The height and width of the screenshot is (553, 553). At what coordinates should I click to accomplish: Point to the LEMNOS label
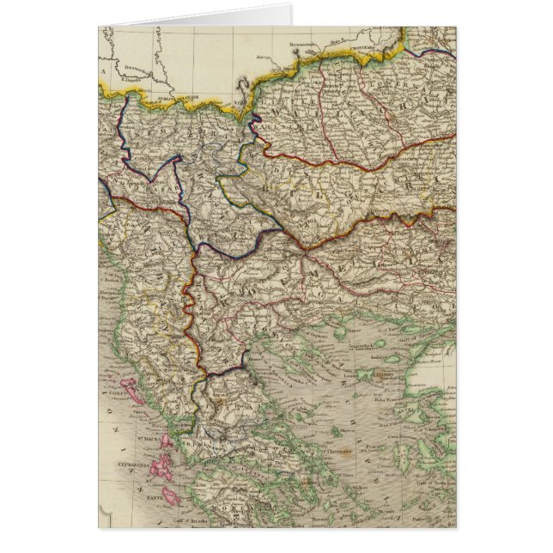(374, 375)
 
